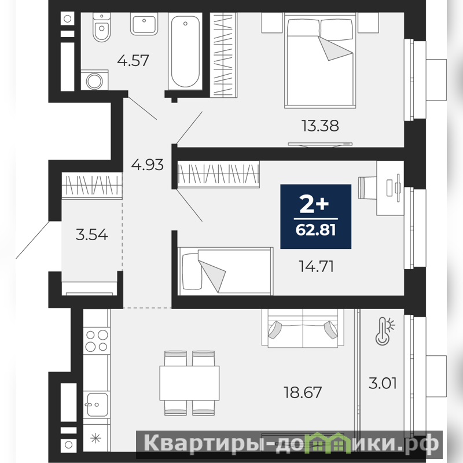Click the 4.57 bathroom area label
point(133,61)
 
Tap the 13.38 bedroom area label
point(320,126)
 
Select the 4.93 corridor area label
point(147,165)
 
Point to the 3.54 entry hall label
point(91,235)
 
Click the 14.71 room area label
point(316,266)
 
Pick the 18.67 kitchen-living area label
point(303,392)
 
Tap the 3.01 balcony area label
point(383,383)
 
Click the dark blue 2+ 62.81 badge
point(315,216)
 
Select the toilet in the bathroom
point(102,27)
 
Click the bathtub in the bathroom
point(185,51)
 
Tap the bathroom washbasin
point(144,24)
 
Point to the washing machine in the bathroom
point(94,80)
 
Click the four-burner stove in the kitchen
point(97,340)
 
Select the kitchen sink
point(97,404)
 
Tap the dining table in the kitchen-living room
point(189,383)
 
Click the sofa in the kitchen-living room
point(303,328)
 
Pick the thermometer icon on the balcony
point(385,331)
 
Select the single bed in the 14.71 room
point(225,271)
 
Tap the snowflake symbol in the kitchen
point(96,438)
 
